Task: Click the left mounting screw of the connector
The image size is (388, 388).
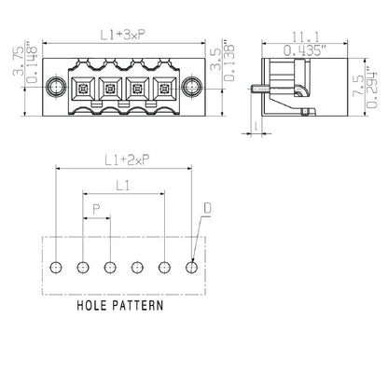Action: pyautogui.click(x=54, y=90)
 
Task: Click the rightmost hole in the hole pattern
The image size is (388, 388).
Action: pyautogui.click(x=193, y=267)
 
